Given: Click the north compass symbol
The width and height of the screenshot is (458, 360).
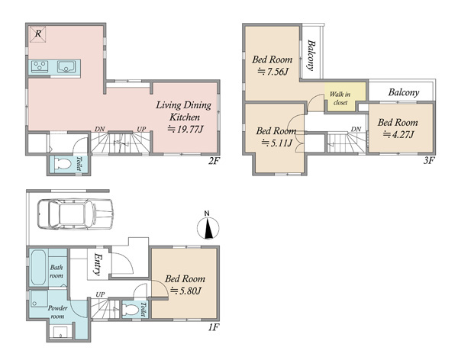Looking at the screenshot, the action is pyautogui.click(x=208, y=227).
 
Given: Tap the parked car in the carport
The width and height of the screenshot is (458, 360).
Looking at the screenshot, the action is pyautogui.click(x=76, y=214).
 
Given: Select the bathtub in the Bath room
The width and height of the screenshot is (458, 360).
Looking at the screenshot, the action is pyautogui.click(x=38, y=267).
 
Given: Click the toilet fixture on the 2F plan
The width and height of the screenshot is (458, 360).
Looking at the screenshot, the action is pyautogui.click(x=63, y=164).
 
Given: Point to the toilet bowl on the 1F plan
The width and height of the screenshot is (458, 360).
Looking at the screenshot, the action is pyautogui.click(x=131, y=310).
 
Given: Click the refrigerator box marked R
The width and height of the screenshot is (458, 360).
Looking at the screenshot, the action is pyautogui.click(x=38, y=34).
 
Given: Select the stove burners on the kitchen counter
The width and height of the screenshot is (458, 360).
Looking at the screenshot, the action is pyautogui.click(x=40, y=66).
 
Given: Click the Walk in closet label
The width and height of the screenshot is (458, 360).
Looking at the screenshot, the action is pyautogui.click(x=340, y=98).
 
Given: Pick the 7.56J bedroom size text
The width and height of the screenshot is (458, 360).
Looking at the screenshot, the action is pyautogui.click(x=273, y=72).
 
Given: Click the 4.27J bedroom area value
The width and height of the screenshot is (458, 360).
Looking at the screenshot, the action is pyautogui.click(x=398, y=134).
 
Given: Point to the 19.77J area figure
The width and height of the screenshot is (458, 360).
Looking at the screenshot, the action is pyautogui.click(x=185, y=129).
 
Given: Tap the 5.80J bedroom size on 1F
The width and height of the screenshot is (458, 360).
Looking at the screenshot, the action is pyautogui.click(x=186, y=291).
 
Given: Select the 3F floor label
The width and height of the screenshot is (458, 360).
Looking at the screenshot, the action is pyautogui.click(x=429, y=160).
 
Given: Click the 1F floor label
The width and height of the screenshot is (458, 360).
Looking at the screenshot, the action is pyautogui.click(x=214, y=327).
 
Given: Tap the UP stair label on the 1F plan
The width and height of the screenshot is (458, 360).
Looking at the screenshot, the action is pyautogui.click(x=100, y=294).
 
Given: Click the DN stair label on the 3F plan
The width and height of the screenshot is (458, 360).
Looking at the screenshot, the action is pyautogui.click(x=356, y=129).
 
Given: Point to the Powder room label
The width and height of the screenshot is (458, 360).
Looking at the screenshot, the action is pyautogui.click(x=57, y=312).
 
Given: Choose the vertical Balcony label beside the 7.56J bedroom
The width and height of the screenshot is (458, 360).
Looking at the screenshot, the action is pyautogui.click(x=311, y=56).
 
